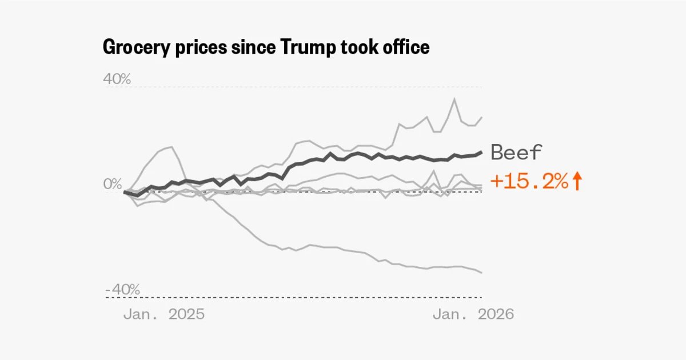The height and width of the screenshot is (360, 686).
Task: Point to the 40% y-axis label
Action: pyautogui.click(x=117, y=79)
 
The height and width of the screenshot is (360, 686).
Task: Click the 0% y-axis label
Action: pyautogui.click(x=113, y=184)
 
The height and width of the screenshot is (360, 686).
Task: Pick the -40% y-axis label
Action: pyautogui.click(x=122, y=290)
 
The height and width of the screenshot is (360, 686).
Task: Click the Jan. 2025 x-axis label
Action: pyautogui.click(x=163, y=314)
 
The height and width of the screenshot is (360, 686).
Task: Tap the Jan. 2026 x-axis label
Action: pyautogui.click(x=473, y=314)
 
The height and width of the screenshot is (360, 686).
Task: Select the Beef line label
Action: pyautogui.click(x=516, y=153)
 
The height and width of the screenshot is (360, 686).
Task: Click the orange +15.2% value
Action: pyautogui.click(x=529, y=182)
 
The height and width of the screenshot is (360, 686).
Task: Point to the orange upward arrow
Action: pyautogui.click(x=577, y=182)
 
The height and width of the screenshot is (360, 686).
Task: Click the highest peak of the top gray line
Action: pyautogui.click(x=454, y=99)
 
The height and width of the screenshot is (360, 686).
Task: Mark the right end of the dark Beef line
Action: pyautogui.click(x=481, y=152)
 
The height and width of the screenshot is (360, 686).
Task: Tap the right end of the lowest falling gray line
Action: pyautogui.click(x=481, y=272)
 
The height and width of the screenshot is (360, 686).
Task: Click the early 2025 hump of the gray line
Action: pyautogui.click(x=170, y=147)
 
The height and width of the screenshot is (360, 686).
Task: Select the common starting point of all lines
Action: pyautogui.click(x=125, y=192)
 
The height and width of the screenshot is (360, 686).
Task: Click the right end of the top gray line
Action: pyautogui.click(x=481, y=117)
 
